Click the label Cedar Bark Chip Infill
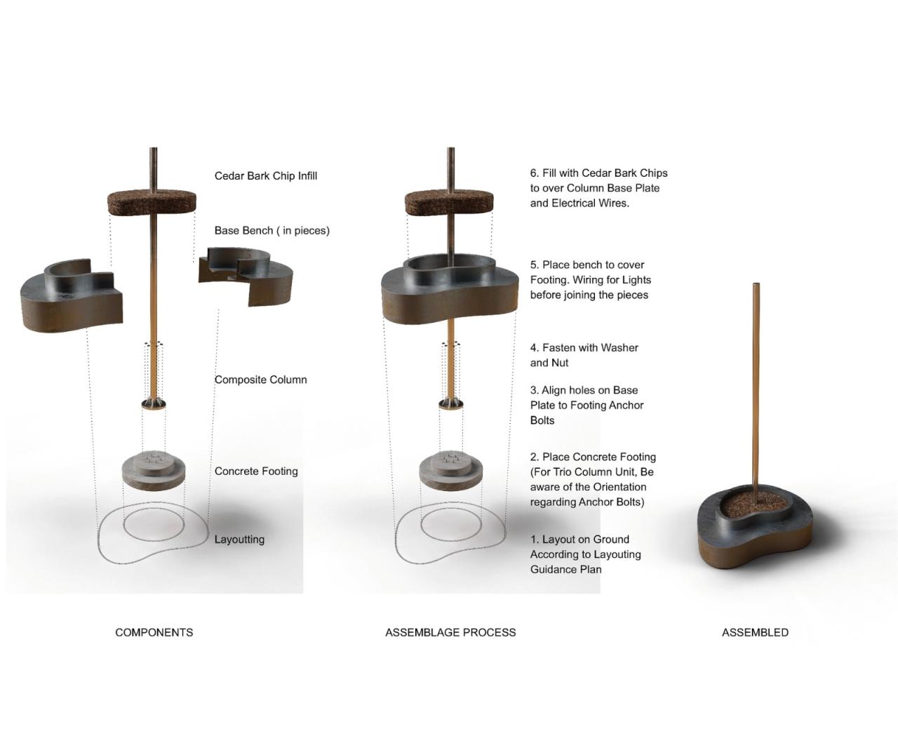point(266,176)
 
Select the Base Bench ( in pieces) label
point(272,231)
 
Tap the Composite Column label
point(260,380)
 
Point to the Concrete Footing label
point(256,472)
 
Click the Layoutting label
point(239,540)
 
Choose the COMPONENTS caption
point(154,632)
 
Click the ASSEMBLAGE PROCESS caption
point(450,632)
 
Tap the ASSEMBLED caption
point(755,632)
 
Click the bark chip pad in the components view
point(152,203)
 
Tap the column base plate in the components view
point(154,404)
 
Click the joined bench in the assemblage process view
point(449,290)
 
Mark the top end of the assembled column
point(756,283)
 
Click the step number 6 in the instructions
point(534,173)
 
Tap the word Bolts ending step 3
point(542,420)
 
